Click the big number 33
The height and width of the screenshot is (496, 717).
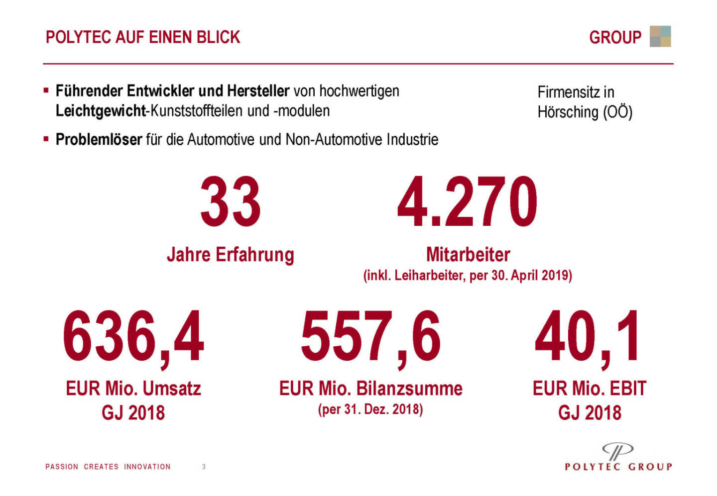(231, 201)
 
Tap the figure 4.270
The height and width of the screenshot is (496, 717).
(467, 201)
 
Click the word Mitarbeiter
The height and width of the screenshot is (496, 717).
(468, 255)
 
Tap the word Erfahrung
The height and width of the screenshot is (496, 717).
(255, 255)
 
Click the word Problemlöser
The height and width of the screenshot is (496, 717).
(99, 140)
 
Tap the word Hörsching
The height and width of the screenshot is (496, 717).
(568, 112)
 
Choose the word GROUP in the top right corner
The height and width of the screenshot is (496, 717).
(615, 37)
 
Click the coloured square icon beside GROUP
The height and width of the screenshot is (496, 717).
(660, 36)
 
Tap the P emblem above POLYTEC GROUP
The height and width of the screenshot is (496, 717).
(617, 451)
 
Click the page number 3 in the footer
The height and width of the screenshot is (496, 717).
(204, 467)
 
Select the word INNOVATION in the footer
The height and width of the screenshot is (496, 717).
(147, 467)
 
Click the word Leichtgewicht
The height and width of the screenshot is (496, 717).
(100, 110)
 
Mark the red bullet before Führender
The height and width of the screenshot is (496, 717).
(46, 91)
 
